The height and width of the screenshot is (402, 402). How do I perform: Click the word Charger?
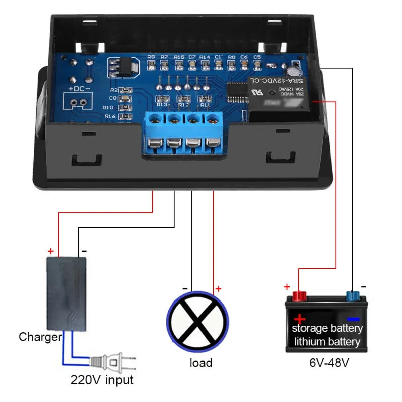coord(40,337)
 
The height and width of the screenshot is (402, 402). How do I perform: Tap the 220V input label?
coord(102,379)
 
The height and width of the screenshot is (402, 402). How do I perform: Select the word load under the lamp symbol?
coord(201,362)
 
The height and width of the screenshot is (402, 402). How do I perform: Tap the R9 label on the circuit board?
coord(151,57)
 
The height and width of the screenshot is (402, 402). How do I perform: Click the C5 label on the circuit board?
coord(257,57)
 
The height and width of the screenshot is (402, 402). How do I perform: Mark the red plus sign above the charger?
coord(50,251)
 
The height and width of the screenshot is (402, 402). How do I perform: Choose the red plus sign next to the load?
coord(218,288)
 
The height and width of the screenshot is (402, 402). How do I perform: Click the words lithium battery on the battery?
coord(328,342)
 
